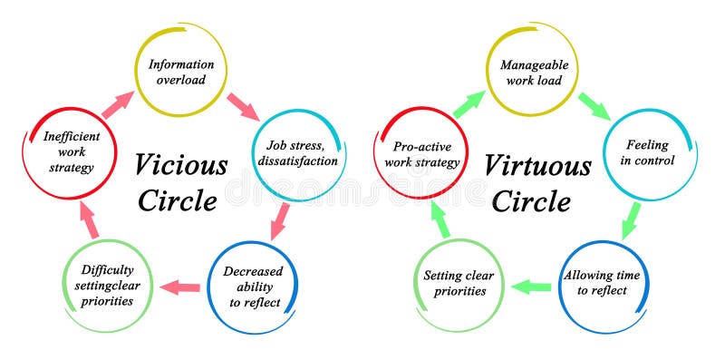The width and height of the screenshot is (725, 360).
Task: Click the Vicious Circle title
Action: [181, 181]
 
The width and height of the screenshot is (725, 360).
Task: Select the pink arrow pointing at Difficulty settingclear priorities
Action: [179, 288]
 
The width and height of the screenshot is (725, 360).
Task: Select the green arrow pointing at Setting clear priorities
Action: [531, 287]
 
